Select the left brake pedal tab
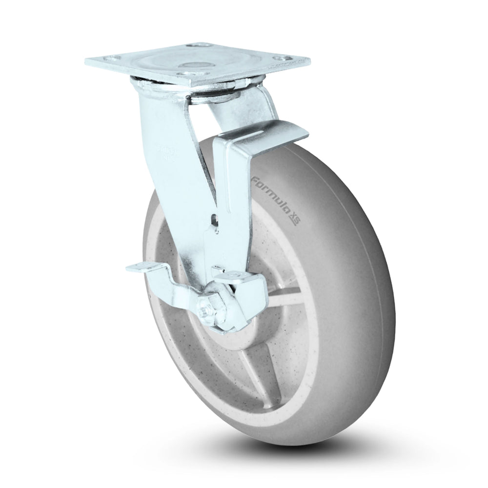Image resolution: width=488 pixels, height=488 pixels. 142,269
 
